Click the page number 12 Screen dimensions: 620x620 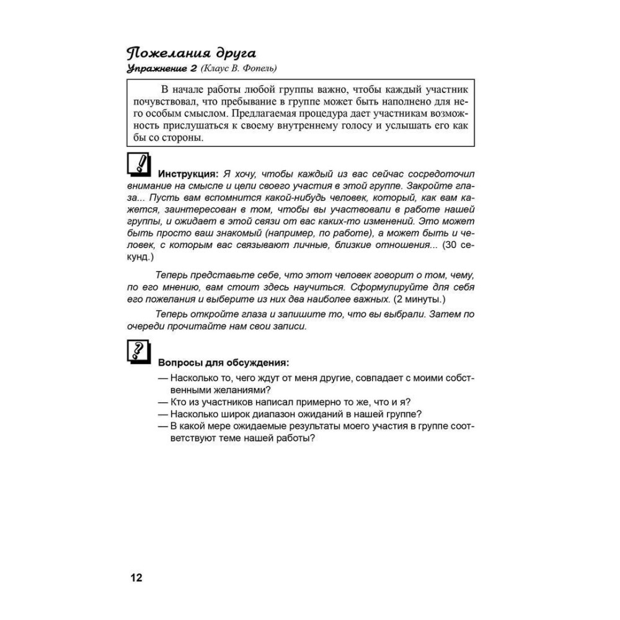click(x=136, y=578)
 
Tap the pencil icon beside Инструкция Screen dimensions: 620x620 click(x=140, y=165)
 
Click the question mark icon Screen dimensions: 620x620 click(x=139, y=352)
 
